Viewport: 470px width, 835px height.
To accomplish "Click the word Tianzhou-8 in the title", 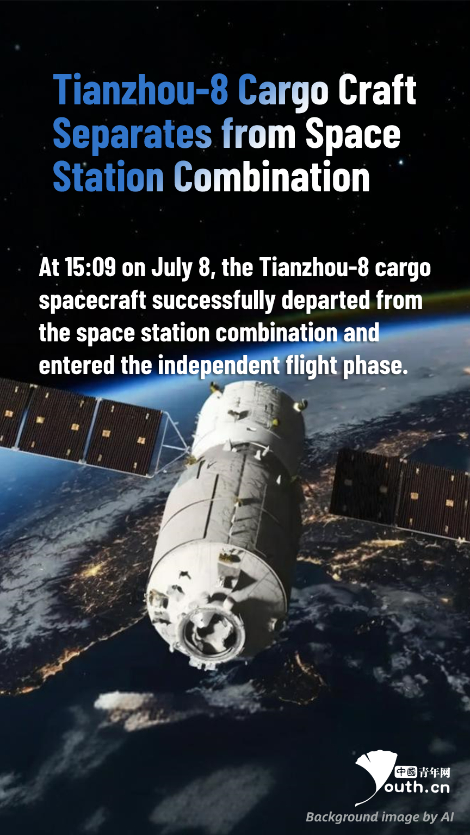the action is [141, 90].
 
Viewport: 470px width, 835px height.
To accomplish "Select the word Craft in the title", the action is [377, 90].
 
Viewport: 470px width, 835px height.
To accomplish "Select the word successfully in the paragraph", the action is [213, 301].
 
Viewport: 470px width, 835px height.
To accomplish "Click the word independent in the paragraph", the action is [219, 366].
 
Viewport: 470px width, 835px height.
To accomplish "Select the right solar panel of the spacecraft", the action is [401, 492].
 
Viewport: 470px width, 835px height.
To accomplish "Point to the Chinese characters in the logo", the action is [422, 772].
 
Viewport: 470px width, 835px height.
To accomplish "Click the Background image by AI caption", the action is [380, 817].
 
